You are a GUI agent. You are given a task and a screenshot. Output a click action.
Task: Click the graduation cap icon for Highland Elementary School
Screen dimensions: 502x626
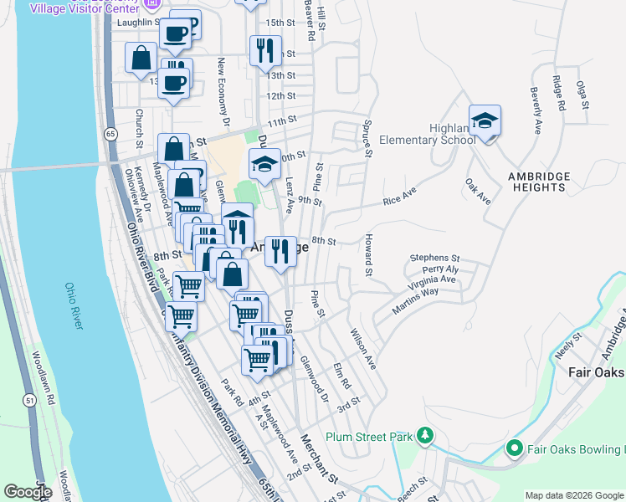tap(485, 120)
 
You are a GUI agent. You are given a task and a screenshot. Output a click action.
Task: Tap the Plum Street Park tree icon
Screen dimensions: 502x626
tap(425, 436)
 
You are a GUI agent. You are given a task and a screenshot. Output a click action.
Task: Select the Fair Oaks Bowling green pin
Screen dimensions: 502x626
tap(515, 449)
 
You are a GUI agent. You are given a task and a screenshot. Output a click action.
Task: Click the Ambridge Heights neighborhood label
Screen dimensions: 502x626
tap(539, 182)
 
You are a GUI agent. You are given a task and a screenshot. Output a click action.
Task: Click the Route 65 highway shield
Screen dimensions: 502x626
tap(110, 134)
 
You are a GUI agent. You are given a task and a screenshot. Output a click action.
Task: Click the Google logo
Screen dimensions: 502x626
tap(28, 491)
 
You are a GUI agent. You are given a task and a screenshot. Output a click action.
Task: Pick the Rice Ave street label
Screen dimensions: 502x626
tap(399, 201)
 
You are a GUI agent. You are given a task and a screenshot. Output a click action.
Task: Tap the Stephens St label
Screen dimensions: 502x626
tap(434, 258)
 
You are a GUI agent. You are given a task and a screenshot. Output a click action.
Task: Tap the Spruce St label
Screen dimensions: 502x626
tap(367, 136)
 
